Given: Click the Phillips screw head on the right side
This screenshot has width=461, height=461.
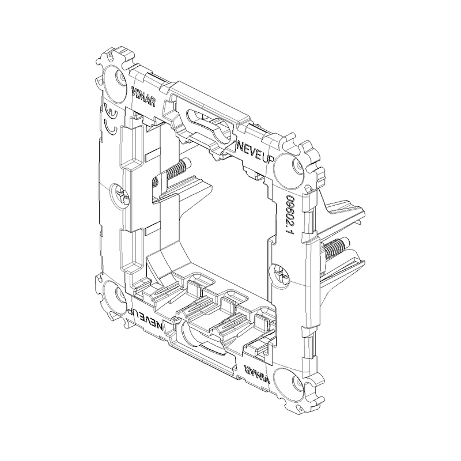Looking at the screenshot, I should pos(279,275).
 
